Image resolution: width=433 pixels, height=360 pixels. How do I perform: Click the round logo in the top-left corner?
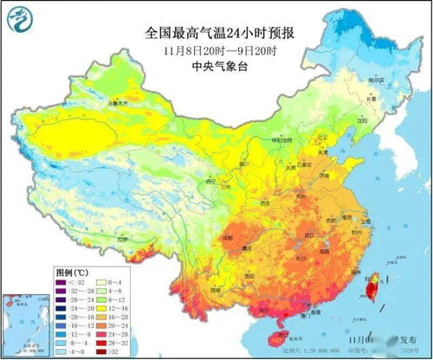point(20,19)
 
